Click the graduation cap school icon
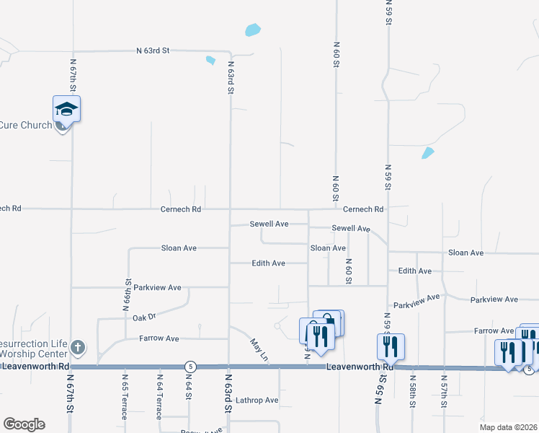point(66,110)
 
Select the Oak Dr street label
point(144,317)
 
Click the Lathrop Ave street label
point(256,400)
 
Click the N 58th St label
point(413,391)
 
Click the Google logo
point(24,424)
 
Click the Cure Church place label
point(26,126)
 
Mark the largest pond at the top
point(252,30)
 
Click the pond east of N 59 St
point(428,152)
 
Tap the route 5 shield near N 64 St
point(190,367)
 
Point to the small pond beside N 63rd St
point(210,61)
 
